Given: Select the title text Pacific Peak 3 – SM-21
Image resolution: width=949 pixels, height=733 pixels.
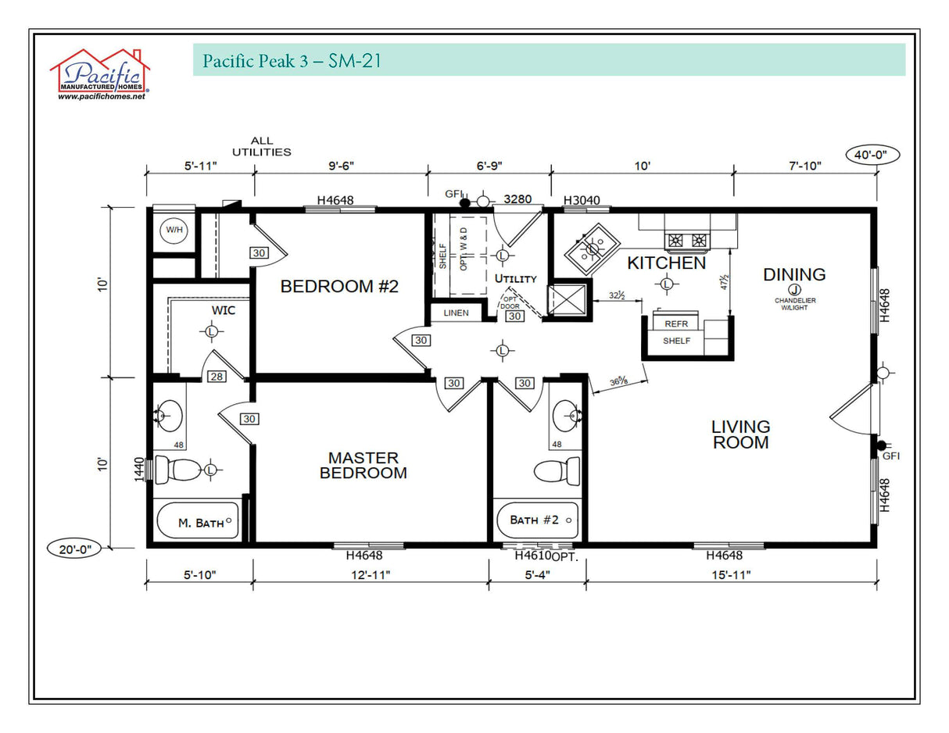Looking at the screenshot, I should (x=292, y=61).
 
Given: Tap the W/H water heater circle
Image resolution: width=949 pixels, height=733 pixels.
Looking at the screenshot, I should (x=173, y=231).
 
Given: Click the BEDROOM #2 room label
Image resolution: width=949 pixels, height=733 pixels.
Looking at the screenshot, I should (x=339, y=287).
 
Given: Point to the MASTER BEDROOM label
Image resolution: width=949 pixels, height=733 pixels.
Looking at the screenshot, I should (x=363, y=465).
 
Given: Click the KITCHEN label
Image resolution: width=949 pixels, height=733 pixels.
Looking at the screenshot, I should (x=666, y=263).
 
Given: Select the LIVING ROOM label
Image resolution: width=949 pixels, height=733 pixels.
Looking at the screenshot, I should (x=740, y=434).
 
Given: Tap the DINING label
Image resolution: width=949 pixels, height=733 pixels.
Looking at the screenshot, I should (x=794, y=274).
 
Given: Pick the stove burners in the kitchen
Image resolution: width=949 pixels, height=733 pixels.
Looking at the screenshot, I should (x=688, y=240).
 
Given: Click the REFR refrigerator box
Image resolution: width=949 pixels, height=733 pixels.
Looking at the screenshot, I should (x=676, y=324).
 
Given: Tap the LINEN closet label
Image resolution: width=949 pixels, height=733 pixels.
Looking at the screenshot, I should (x=456, y=313).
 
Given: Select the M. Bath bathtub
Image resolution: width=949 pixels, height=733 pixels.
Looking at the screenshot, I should (x=199, y=521).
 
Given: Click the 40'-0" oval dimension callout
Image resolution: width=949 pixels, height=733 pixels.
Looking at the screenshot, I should (x=872, y=155).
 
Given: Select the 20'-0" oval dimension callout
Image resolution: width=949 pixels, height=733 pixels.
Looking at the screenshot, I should (x=74, y=549).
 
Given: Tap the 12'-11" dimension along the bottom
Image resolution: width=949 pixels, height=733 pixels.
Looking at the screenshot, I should (x=371, y=575).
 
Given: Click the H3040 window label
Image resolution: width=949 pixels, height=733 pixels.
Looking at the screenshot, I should (x=582, y=200).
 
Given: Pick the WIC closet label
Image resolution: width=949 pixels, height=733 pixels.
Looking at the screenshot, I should (x=224, y=310).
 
